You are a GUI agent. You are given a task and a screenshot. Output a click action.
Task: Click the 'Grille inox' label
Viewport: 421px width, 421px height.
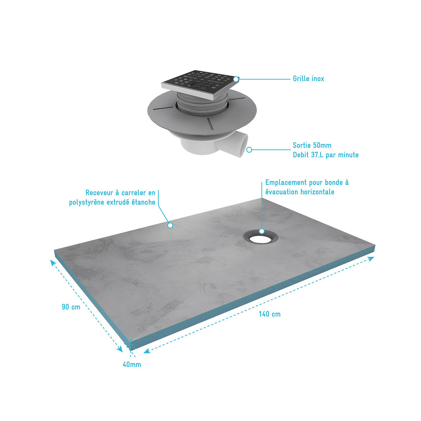(x=308, y=79)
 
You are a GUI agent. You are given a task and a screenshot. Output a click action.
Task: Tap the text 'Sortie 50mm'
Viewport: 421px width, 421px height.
(x=312, y=145)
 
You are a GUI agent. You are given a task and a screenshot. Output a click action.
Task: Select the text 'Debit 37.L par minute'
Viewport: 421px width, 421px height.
(x=326, y=155)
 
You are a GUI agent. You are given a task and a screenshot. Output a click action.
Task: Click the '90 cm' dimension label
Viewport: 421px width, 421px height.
(x=71, y=307)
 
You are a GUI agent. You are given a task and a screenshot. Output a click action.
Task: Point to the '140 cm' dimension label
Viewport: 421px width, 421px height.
(x=269, y=314)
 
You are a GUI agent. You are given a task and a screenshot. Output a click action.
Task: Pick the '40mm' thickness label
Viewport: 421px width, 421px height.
(x=132, y=365)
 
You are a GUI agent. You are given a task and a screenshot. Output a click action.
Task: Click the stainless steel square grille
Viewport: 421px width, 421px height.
(x=200, y=85)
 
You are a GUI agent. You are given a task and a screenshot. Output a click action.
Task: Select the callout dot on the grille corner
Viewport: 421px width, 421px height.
(x=236, y=79)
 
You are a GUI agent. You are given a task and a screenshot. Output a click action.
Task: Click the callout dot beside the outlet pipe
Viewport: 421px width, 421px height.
(x=249, y=150)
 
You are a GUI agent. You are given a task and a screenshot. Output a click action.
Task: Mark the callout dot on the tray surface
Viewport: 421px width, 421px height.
(x=170, y=225)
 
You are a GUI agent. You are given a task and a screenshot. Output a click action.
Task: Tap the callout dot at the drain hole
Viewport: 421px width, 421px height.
(x=262, y=231)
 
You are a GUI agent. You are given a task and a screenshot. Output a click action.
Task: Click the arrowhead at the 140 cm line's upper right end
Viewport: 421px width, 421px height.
(x=371, y=259)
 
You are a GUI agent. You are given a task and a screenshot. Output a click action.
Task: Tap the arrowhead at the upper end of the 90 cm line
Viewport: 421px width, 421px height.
(x=53, y=263)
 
